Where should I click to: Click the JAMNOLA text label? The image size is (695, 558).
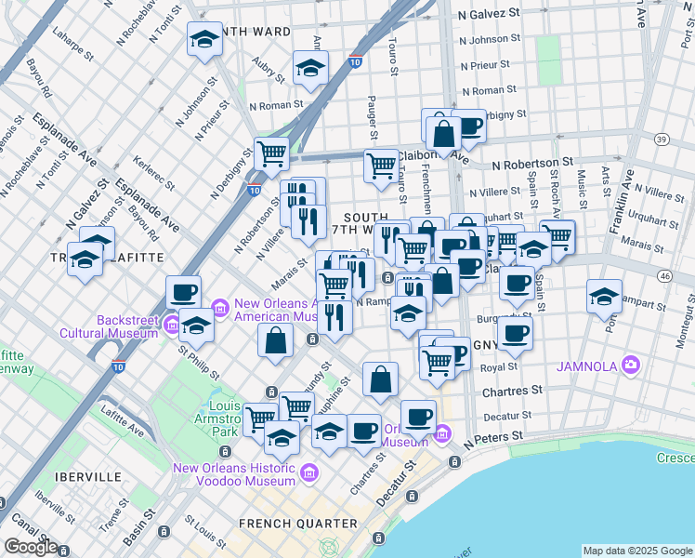[x=586, y=365]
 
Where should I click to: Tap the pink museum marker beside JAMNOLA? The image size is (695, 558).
[x=632, y=364]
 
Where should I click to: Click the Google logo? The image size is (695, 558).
[x=31, y=547]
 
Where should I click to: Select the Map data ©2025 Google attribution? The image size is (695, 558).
[x=636, y=551]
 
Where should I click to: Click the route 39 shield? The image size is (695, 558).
[x=661, y=139]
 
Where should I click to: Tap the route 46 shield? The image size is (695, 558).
[x=663, y=275]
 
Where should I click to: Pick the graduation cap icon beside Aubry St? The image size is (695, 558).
[x=311, y=67]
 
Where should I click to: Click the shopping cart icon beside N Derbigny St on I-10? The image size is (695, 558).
[x=271, y=154]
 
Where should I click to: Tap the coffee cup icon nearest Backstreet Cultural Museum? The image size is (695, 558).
[x=184, y=293]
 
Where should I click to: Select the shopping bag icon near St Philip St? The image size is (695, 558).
[x=276, y=341]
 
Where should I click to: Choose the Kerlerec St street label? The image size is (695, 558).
[x=137, y=168]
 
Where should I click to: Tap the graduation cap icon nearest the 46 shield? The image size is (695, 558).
[x=605, y=297]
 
